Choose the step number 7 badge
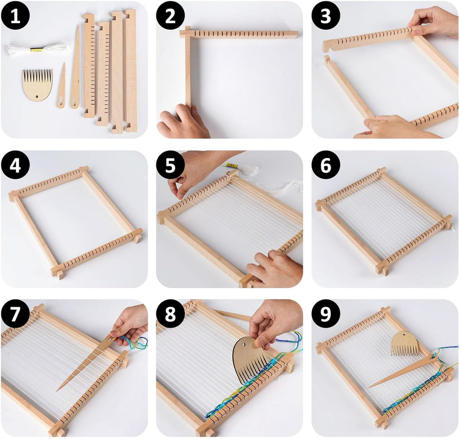pos(15,314)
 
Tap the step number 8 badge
pos(170,314)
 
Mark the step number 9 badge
pos(326,314)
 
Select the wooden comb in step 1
pos(37,84)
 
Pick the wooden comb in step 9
pos(404,344)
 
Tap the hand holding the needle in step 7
pos(131,323)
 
